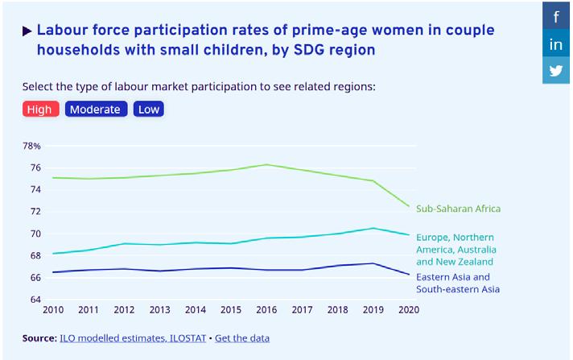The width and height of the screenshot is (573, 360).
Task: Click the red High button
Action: tap(40, 110)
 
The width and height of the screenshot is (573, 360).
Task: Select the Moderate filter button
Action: tap(95, 110)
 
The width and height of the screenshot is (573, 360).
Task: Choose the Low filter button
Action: tap(148, 110)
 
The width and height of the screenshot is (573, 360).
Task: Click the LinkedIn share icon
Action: tap(556, 44)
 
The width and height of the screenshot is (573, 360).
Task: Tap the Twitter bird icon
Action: tap(556, 71)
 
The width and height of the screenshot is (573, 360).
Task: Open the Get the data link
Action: tap(242, 338)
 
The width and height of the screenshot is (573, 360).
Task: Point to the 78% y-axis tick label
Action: tap(31, 146)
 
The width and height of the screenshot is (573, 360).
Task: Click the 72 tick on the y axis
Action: tap(35, 212)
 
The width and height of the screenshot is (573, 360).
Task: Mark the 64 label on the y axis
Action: tap(35, 300)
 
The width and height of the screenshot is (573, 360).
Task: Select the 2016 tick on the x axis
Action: tap(267, 310)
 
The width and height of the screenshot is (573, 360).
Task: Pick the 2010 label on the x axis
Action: tap(53, 310)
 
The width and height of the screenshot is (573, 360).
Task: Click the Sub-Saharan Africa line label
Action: tap(458, 209)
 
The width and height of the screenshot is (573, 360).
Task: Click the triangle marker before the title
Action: tap(27, 31)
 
